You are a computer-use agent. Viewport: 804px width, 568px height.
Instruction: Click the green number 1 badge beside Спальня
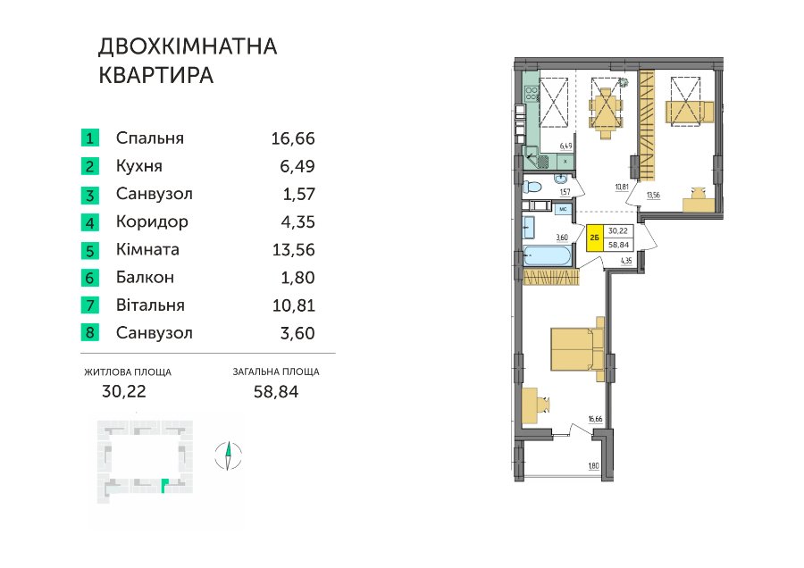(x=89, y=138)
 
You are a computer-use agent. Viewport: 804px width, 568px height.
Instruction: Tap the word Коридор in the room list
(x=152, y=221)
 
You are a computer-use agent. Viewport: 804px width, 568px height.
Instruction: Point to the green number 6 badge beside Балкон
(x=89, y=278)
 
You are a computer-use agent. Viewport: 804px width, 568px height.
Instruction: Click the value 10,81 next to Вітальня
(x=294, y=305)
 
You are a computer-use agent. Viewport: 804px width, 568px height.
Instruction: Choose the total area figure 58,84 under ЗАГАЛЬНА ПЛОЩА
(x=276, y=392)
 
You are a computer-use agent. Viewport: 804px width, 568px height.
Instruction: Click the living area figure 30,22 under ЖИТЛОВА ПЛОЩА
(x=124, y=392)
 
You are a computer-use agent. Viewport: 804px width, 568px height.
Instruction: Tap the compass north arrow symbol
(x=228, y=455)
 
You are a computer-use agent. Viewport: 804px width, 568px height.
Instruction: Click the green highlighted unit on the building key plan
(x=163, y=484)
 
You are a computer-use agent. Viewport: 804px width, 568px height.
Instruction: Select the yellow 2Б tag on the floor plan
(x=595, y=238)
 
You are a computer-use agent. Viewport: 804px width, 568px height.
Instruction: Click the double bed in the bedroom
(x=578, y=348)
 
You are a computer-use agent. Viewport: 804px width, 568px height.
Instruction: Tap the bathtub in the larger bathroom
(x=547, y=256)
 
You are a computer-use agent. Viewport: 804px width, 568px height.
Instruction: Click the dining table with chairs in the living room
(x=606, y=113)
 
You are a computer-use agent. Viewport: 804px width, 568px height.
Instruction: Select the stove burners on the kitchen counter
(x=532, y=93)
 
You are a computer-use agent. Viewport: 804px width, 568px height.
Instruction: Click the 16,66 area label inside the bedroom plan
(x=595, y=420)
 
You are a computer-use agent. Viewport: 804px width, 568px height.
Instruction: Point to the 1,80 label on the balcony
(x=593, y=466)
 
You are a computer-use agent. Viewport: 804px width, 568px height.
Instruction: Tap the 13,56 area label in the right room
(x=653, y=196)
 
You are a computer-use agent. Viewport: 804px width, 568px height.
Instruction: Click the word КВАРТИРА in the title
(x=155, y=75)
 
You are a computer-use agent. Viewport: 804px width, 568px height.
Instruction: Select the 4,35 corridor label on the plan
(x=626, y=261)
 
